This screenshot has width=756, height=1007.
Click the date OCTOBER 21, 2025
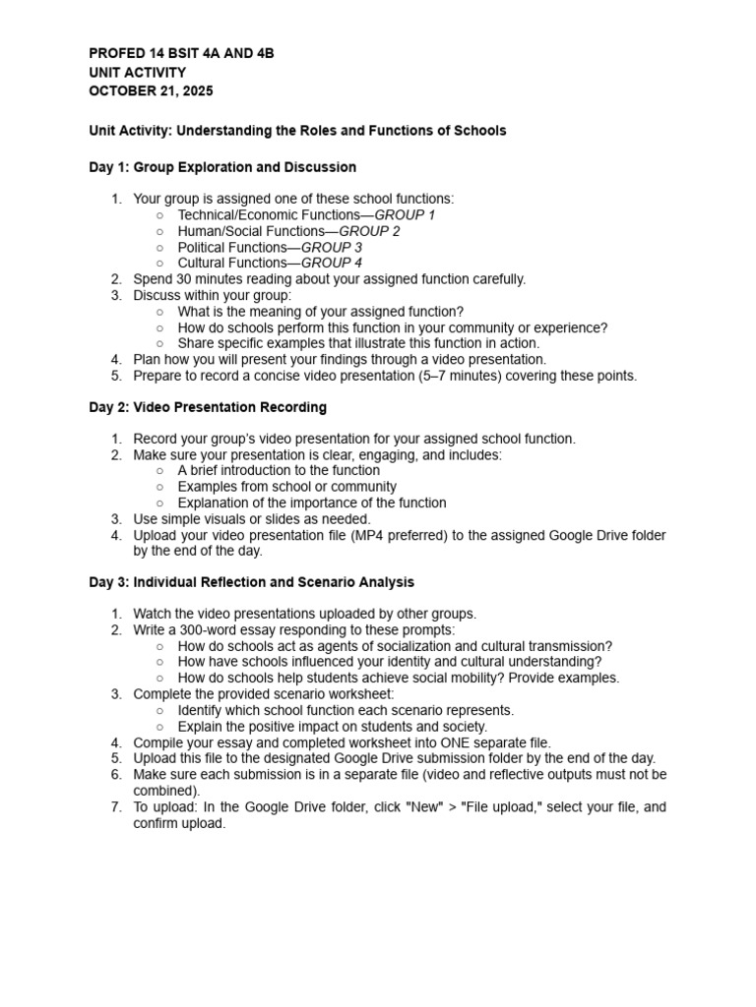click(x=151, y=91)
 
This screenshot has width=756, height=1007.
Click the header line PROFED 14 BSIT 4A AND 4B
click(x=181, y=54)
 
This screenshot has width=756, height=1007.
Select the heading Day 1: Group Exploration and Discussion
click(x=222, y=167)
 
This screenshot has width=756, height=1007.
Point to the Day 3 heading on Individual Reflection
click(x=251, y=582)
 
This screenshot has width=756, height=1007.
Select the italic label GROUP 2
click(x=369, y=231)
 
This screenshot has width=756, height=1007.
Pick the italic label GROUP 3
click(x=332, y=247)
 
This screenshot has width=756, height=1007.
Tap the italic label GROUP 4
click(x=332, y=263)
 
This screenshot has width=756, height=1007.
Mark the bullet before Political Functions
click(x=160, y=248)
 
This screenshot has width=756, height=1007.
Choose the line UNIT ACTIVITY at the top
click(x=137, y=73)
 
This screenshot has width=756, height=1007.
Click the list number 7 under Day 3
click(x=115, y=807)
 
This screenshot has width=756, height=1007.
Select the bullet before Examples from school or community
click(x=160, y=487)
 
